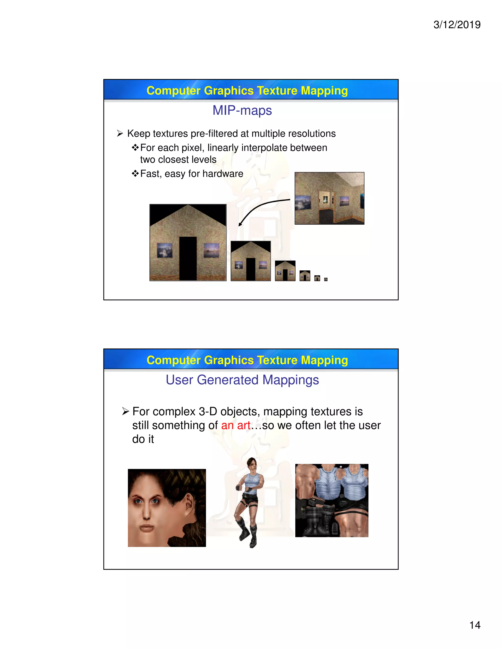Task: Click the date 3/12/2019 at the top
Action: pyautogui.click(x=457, y=25)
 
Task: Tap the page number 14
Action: pyautogui.click(x=475, y=625)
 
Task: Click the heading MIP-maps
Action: pyautogui.click(x=242, y=110)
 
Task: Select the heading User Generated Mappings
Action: pyautogui.click(x=242, y=380)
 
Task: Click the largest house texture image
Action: pyautogui.click(x=188, y=242)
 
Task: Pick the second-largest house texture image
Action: pyautogui.click(x=251, y=261)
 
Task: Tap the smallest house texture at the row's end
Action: pyautogui.click(x=326, y=279)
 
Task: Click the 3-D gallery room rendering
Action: pyautogui.click(x=329, y=198)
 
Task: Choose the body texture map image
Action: pyautogui.click(x=332, y=500)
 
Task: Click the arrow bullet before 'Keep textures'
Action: pyautogui.click(x=120, y=133)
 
